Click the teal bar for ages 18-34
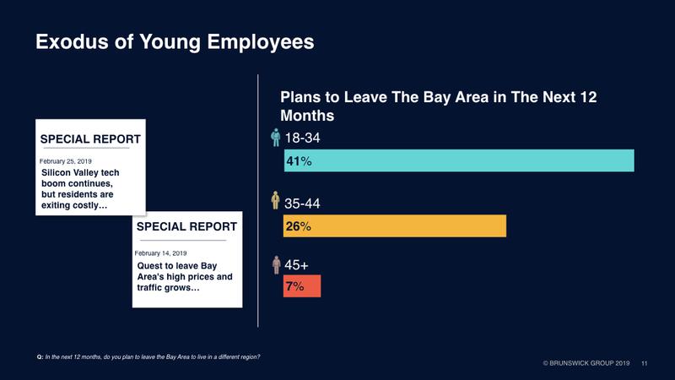click(459, 160)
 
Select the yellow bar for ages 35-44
click(395, 225)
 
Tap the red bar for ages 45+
click(302, 286)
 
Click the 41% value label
click(300, 160)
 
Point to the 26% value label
click(300, 226)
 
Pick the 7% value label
click(296, 286)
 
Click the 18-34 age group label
click(302, 138)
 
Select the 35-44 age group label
click(302, 204)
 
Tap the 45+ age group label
click(296, 265)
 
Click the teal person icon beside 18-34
click(274, 137)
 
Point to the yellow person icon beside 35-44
click(274, 202)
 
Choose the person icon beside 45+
click(274, 264)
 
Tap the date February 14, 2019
click(161, 252)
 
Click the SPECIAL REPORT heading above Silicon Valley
click(91, 138)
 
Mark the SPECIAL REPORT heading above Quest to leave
click(186, 227)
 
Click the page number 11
click(645, 363)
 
